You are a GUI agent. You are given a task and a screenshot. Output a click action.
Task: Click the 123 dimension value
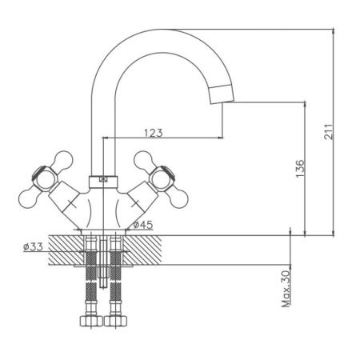pyautogui.click(x=154, y=133)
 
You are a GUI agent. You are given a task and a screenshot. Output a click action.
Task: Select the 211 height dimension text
pyautogui.click(x=329, y=131)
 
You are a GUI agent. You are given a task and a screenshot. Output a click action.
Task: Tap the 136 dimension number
pyautogui.click(x=300, y=169)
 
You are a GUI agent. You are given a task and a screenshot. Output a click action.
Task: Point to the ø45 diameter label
pyautogui.click(x=143, y=225)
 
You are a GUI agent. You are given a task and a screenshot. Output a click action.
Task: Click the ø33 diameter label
pyautogui.click(x=33, y=247)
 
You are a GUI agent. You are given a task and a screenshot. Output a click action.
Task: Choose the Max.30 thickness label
pyautogui.click(x=286, y=289)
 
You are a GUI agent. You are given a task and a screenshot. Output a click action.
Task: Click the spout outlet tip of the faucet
pyautogui.click(x=222, y=102)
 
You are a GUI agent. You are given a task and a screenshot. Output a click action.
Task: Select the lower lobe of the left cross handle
pyautogui.click(x=30, y=198)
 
